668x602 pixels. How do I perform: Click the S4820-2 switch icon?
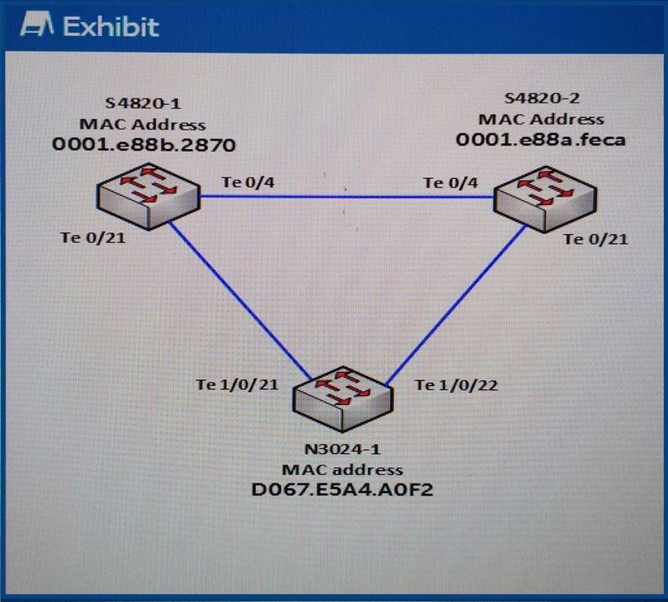(546, 196)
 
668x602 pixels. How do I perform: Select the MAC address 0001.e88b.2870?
(144, 146)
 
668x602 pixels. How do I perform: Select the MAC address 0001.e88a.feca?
(541, 139)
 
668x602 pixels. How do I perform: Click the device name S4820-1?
(144, 104)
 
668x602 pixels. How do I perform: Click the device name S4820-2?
(542, 98)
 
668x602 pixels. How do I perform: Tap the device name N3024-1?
(342, 450)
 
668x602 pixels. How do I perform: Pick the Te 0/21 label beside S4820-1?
(93, 238)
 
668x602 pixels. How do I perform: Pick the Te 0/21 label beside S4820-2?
(596, 239)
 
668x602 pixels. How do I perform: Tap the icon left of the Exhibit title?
(38, 26)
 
